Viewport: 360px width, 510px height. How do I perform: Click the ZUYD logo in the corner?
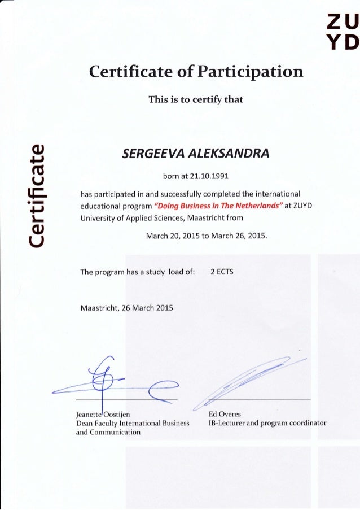pos(343,33)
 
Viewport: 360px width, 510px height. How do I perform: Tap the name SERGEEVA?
pos(153,152)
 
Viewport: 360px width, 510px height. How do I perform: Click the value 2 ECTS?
pos(221,272)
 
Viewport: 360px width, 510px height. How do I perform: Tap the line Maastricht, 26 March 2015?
pos(127,308)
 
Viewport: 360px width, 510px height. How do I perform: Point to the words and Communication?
pos(108,432)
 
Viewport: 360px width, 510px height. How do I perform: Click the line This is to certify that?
pos(195,100)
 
